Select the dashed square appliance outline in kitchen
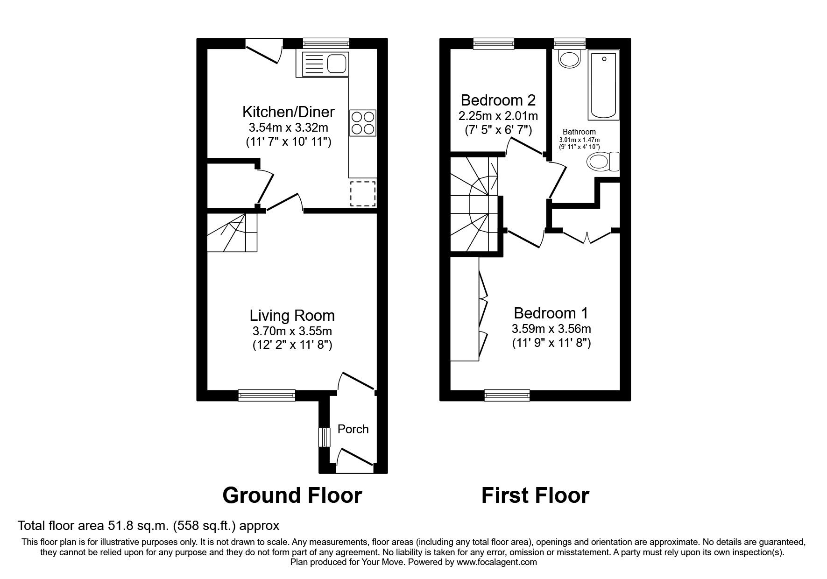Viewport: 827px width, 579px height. point(363,193)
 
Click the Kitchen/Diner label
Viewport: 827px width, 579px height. point(288,112)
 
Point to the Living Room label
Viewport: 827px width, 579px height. point(292,316)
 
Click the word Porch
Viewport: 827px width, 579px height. point(353,429)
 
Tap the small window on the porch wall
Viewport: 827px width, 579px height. point(324,437)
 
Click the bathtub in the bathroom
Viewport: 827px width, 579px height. point(603,85)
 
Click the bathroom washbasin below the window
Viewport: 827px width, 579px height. point(569,59)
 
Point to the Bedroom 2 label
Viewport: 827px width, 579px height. point(498,100)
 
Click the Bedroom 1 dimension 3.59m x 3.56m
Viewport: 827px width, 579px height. point(551,329)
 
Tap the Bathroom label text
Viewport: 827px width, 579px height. point(579,132)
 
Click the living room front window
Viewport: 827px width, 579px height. point(267,395)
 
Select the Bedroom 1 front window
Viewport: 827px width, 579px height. point(507,395)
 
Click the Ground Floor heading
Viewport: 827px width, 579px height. point(292,495)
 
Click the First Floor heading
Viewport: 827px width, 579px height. point(535,495)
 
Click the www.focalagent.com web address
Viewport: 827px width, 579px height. point(496,562)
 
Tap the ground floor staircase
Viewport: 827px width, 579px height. point(232,232)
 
